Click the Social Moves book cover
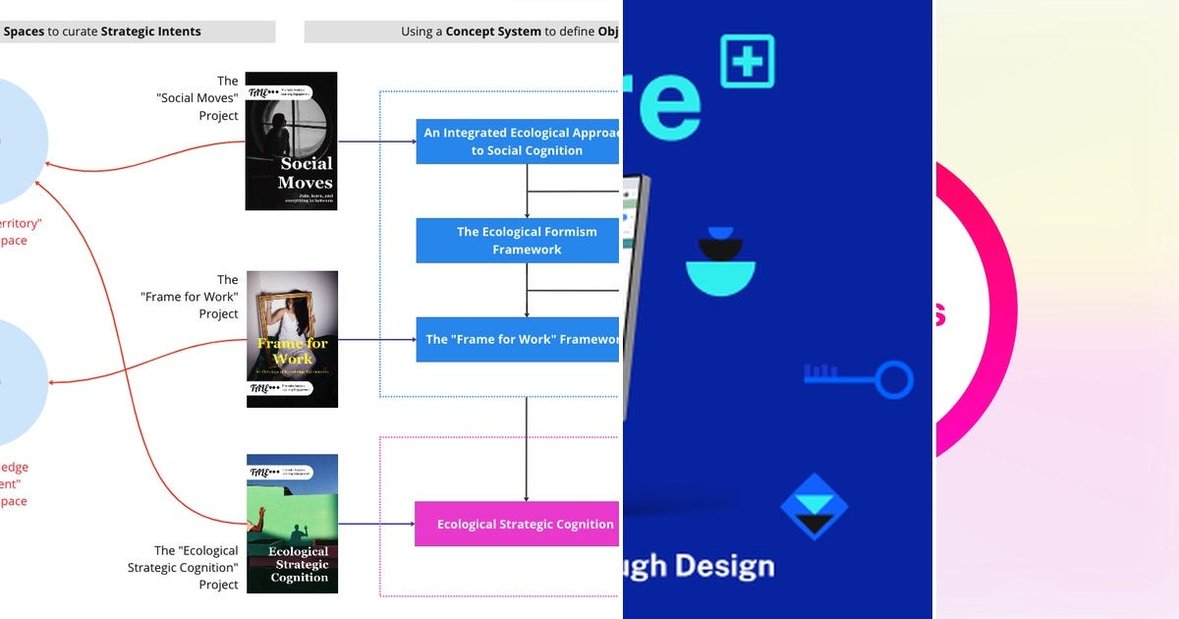coord(291,141)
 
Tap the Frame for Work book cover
coord(292,339)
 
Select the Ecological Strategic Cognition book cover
coord(292,524)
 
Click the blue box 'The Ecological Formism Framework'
coord(518,241)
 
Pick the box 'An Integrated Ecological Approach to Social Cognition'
coord(518,141)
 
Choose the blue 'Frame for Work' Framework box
coord(518,339)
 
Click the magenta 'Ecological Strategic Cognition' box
coord(517,524)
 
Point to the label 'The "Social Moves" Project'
coord(198,98)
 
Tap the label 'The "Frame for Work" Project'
coord(191,297)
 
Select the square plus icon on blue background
coord(747,61)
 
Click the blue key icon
coord(859,378)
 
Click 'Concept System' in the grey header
coord(493,31)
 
